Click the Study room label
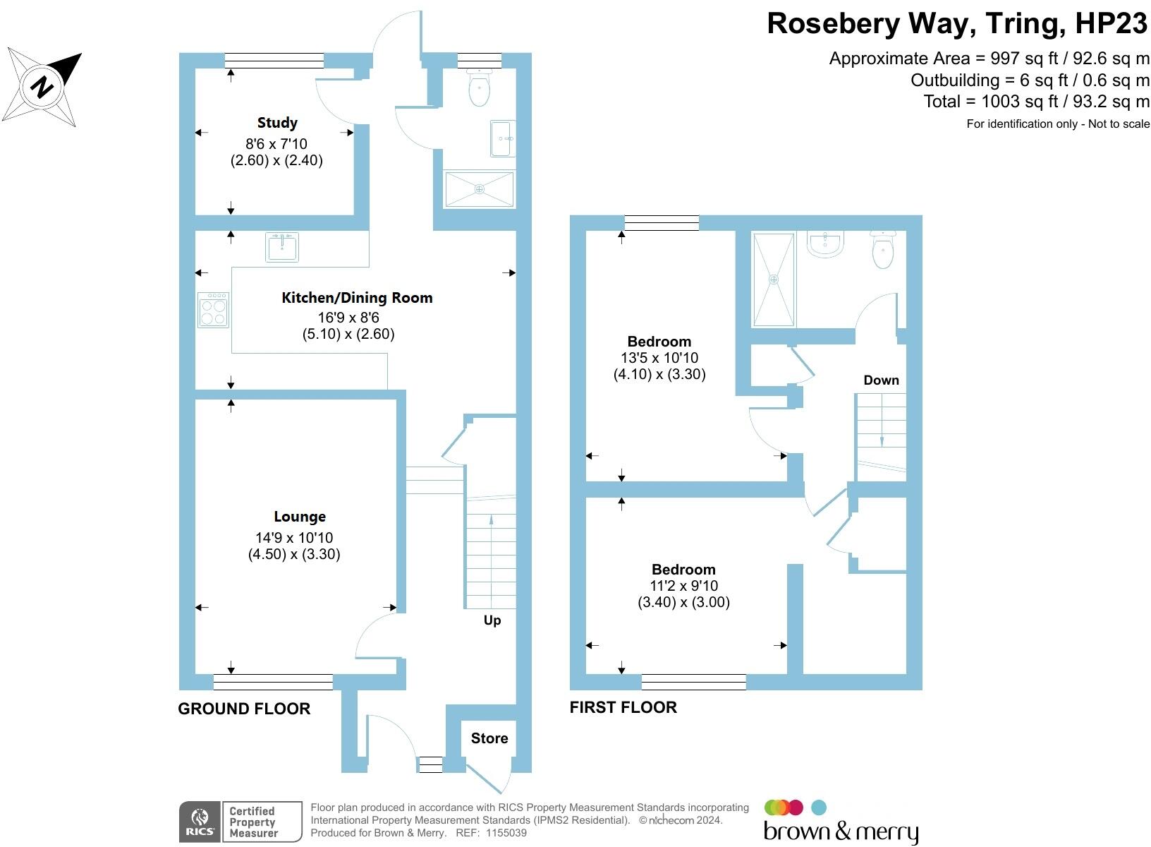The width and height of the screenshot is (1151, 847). coord(277,123)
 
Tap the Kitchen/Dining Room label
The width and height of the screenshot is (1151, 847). coord(357,298)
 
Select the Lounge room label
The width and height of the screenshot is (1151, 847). coord(300,517)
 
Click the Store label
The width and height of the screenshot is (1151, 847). coord(489,738)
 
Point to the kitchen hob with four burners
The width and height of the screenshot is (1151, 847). coord(214,311)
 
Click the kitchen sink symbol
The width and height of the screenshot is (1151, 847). coord(282,247)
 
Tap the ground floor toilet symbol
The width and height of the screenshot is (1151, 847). coord(480,88)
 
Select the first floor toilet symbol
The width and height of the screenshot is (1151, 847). coord(883,250)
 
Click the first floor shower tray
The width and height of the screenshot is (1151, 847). coord(774,280)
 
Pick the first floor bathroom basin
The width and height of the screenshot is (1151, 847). coord(825,244)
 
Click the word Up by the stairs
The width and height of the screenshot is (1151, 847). coord(492,620)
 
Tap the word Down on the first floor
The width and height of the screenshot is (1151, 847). coord(882,380)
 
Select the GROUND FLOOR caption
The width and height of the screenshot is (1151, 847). coord(244,709)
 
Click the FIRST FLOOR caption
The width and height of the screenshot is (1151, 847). coord(623,707)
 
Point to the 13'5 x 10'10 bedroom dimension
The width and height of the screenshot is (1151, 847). coord(659,358)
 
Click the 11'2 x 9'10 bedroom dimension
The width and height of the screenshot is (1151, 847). coord(683,586)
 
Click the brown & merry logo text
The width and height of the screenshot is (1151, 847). coord(841,831)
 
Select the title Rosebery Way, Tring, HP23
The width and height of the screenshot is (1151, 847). coord(958,23)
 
